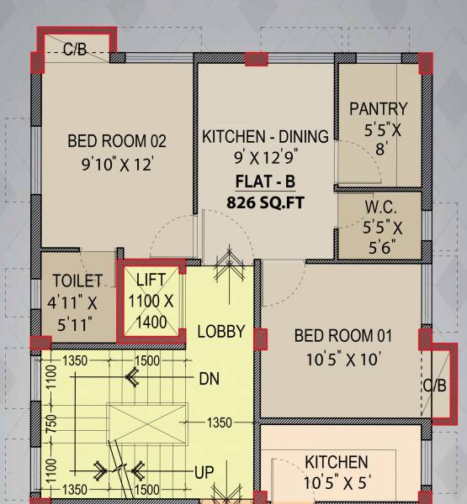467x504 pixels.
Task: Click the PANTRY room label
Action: click(378, 109)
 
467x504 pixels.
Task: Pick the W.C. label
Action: click(380, 207)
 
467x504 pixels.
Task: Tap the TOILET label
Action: click(77, 281)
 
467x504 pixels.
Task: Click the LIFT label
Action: click(152, 280)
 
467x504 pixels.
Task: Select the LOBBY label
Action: click(220, 331)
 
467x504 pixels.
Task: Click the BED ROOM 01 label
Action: click(342, 337)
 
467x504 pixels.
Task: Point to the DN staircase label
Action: click(210, 380)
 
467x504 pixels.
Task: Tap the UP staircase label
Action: click(204, 473)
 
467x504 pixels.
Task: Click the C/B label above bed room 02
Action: click(75, 50)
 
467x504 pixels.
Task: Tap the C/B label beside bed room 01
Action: click(435, 386)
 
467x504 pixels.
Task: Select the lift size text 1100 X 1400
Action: click(152, 310)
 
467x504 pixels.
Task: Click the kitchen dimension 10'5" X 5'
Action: click(336, 484)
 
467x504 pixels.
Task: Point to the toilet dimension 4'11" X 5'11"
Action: click(77, 311)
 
